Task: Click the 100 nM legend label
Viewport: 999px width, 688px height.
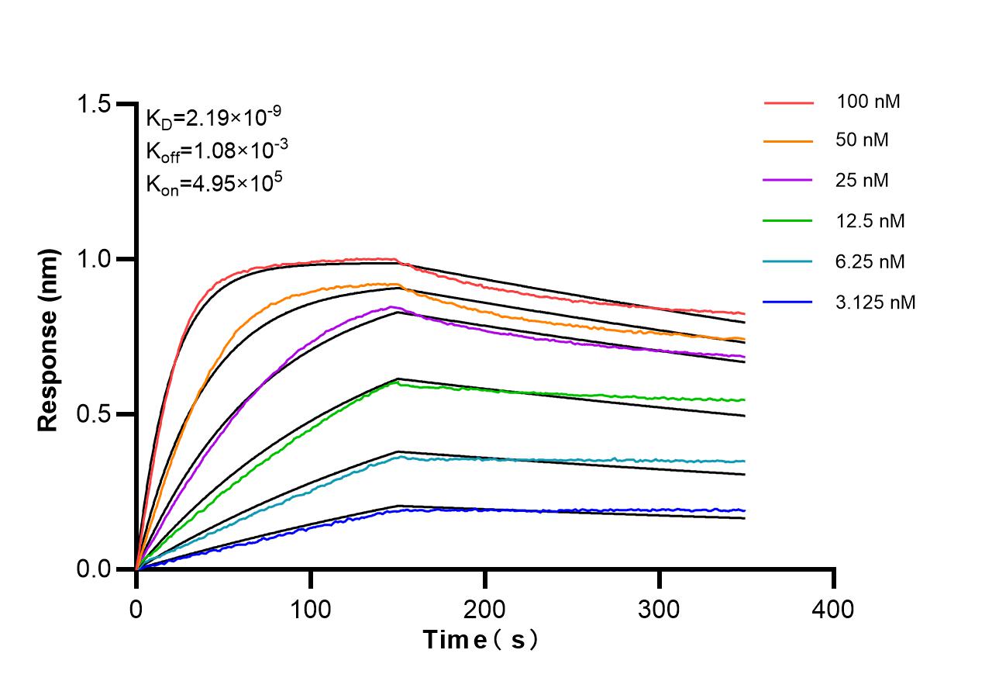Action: [x=868, y=102]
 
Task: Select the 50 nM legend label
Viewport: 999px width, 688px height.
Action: [x=863, y=140]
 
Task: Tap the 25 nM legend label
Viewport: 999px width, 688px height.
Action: [x=863, y=181]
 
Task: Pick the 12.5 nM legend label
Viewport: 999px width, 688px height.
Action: [x=870, y=221]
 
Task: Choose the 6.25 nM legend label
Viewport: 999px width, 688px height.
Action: [x=870, y=261]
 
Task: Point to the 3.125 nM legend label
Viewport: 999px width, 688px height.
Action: [x=876, y=302]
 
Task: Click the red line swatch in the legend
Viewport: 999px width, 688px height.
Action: [x=788, y=102]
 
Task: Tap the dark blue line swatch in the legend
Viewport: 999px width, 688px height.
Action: [x=788, y=302]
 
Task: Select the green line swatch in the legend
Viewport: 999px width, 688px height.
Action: [x=788, y=221]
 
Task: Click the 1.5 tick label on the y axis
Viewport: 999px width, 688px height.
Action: [x=96, y=104]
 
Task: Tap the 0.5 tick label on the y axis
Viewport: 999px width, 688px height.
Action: [x=96, y=414]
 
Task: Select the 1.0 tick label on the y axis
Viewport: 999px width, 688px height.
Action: [x=96, y=259]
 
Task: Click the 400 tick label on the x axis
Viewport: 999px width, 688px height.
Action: [x=834, y=609]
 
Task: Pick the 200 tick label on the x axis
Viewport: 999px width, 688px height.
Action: [x=485, y=609]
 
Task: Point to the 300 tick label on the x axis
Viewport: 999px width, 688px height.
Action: [x=660, y=609]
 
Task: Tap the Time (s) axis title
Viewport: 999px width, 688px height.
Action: [x=480, y=641]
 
